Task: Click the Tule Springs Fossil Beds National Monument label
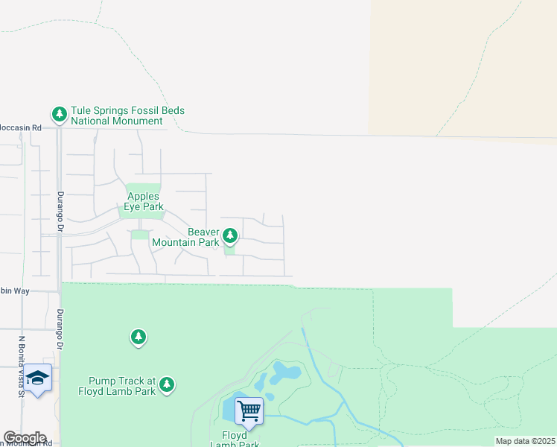tap(127, 115)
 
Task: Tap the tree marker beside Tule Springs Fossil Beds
tap(59, 114)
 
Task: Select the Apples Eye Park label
tap(143, 201)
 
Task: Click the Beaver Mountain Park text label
tap(185, 237)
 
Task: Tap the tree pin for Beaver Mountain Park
tap(230, 236)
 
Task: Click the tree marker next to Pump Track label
tap(168, 384)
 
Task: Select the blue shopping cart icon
tap(249, 410)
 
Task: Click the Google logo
tap(25, 438)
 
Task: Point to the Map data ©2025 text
tap(525, 441)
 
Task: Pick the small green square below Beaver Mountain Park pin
tap(229, 250)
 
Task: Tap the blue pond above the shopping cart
tap(284, 372)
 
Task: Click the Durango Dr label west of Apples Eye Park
tap(61, 213)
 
